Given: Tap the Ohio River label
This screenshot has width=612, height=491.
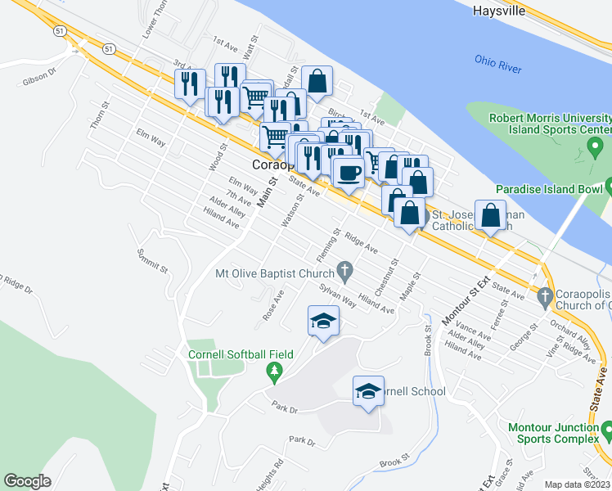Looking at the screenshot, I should (498, 63).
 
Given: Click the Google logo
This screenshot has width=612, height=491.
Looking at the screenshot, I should (28, 480).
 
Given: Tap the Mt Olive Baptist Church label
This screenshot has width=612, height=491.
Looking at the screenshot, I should (274, 273).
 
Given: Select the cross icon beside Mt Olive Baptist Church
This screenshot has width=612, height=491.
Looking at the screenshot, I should (345, 268).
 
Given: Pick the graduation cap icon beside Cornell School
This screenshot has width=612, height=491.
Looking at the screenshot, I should (368, 391).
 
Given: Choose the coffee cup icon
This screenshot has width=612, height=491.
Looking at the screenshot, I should (349, 173).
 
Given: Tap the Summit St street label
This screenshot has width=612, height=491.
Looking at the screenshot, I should (153, 261).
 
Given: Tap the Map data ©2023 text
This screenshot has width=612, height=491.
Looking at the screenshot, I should (578, 484).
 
